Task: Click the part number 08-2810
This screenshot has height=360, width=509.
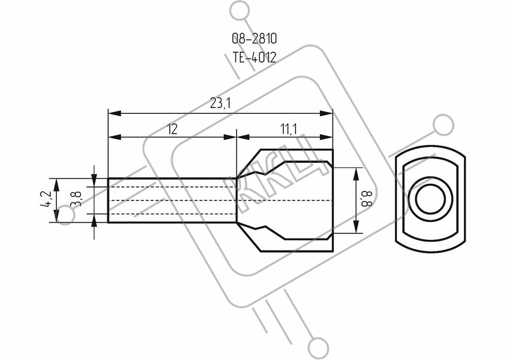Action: [254, 39]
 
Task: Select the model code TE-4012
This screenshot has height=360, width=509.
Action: [254, 57]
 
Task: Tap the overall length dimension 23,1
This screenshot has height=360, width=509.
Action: [220, 104]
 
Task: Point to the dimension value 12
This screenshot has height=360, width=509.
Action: [172, 129]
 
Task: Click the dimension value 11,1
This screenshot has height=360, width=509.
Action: [288, 129]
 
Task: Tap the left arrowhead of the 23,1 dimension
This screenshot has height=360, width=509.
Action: [115, 113]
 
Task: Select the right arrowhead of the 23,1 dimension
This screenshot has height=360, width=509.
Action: [326, 113]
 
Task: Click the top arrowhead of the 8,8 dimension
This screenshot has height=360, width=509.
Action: [356, 174]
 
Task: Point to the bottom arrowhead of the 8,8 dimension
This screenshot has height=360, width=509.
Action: [356, 226]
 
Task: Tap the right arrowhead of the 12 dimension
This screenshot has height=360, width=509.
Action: [230, 137]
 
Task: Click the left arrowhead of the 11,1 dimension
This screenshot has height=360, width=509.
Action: [244, 137]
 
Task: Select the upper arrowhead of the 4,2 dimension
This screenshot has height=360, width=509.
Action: [57, 184]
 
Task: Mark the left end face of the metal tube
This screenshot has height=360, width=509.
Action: [108, 200]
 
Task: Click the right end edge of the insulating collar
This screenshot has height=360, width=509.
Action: [333, 200]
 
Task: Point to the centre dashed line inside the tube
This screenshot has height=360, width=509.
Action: [171, 200]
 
